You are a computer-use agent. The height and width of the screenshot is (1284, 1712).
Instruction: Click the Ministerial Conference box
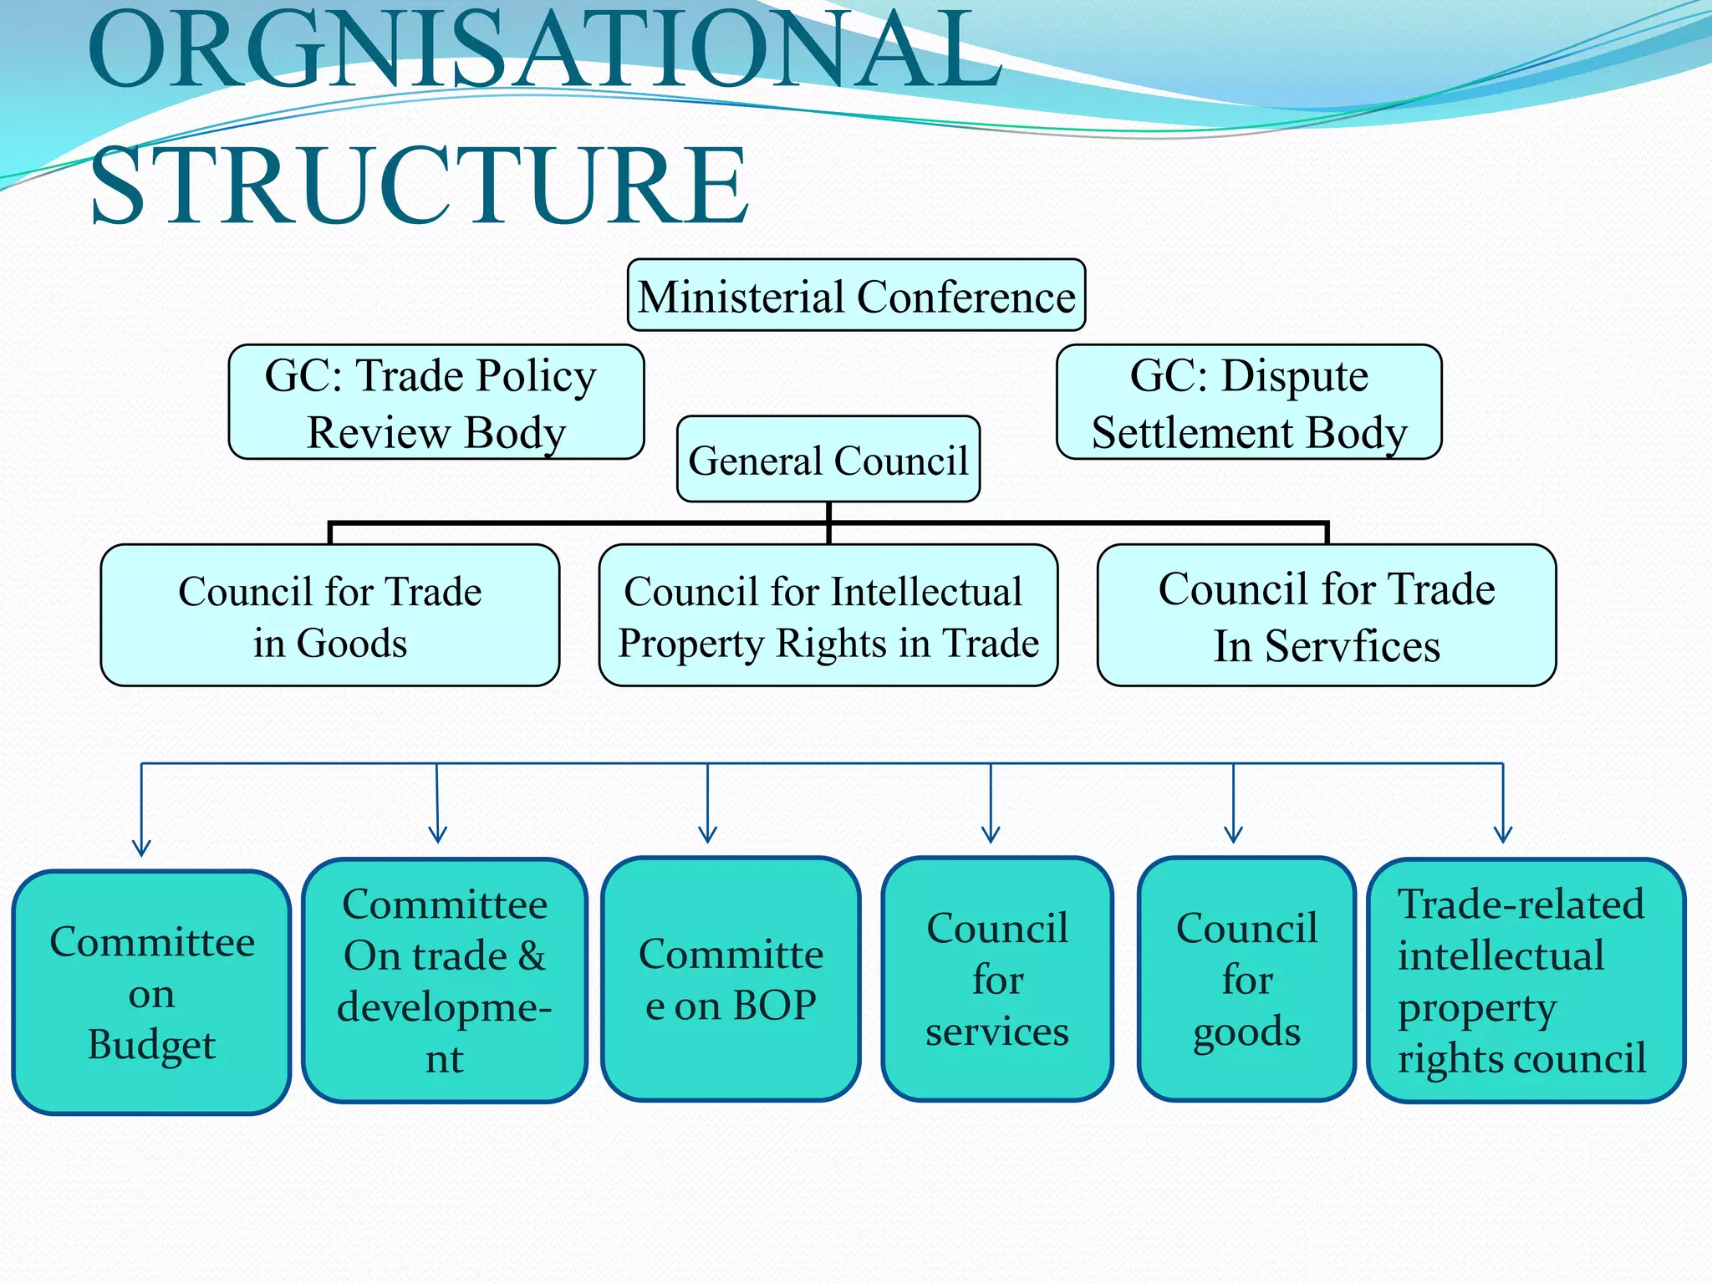[856, 295]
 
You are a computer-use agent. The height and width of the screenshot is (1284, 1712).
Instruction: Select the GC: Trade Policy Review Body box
[436, 402]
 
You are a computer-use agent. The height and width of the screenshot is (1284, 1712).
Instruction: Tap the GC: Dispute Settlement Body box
[1249, 402]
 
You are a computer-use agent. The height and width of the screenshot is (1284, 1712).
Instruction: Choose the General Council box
[828, 459]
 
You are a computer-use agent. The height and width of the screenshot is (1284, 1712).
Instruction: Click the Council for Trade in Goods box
[329, 615]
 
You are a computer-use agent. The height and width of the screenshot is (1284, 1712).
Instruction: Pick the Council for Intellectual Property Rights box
[828, 615]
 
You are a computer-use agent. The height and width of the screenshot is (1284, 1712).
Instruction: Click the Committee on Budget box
[151, 992]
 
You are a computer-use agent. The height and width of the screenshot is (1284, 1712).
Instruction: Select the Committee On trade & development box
[444, 980]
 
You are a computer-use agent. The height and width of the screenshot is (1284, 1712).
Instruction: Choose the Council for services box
[996, 979]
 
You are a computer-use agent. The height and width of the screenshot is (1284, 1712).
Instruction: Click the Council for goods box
[1246, 979]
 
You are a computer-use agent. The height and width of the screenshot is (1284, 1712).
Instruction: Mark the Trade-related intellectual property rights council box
[1526, 980]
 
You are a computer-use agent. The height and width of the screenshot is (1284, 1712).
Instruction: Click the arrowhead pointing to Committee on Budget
[141, 848]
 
